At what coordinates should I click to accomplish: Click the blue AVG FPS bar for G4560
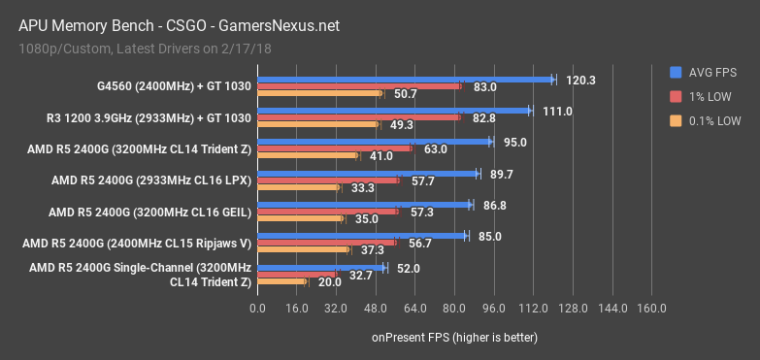click(x=405, y=80)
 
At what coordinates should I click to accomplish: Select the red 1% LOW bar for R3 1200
click(x=358, y=117)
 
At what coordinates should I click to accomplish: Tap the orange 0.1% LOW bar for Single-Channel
click(x=281, y=282)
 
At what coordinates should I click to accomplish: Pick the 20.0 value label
click(x=330, y=282)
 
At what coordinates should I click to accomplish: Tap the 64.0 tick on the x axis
click(x=414, y=309)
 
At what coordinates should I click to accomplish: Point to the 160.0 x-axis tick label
click(x=651, y=309)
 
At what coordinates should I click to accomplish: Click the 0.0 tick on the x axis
click(x=257, y=309)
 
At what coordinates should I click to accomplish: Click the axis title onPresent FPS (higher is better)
click(x=454, y=337)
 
